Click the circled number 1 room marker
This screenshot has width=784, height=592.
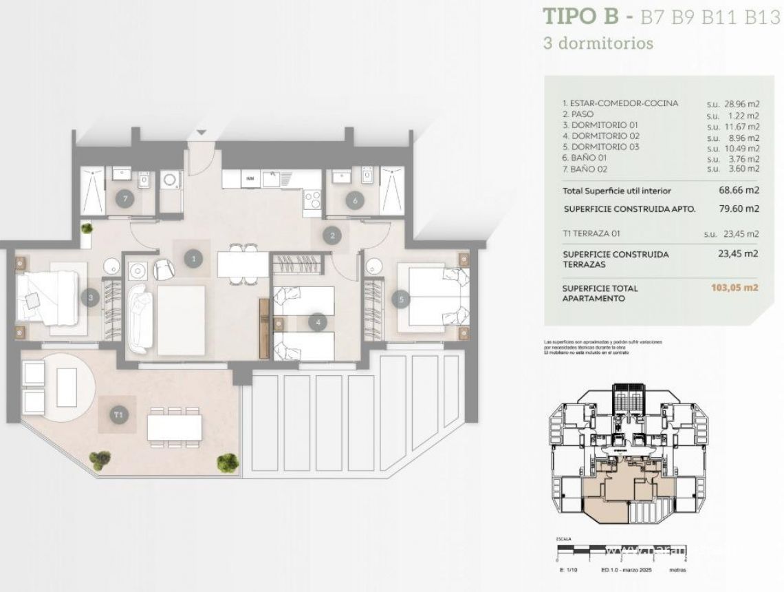click(x=194, y=259)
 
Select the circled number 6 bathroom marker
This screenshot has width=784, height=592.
click(x=355, y=200)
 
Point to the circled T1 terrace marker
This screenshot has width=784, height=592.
click(x=118, y=414)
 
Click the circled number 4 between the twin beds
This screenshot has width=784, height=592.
click(x=316, y=321)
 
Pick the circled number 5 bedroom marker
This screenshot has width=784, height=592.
click(x=400, y=299)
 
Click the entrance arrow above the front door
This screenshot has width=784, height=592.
click(x=201, y=132)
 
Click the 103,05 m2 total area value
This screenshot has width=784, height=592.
click(x=734, y=288)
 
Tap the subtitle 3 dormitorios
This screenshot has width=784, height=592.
click(x=598, y=43)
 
